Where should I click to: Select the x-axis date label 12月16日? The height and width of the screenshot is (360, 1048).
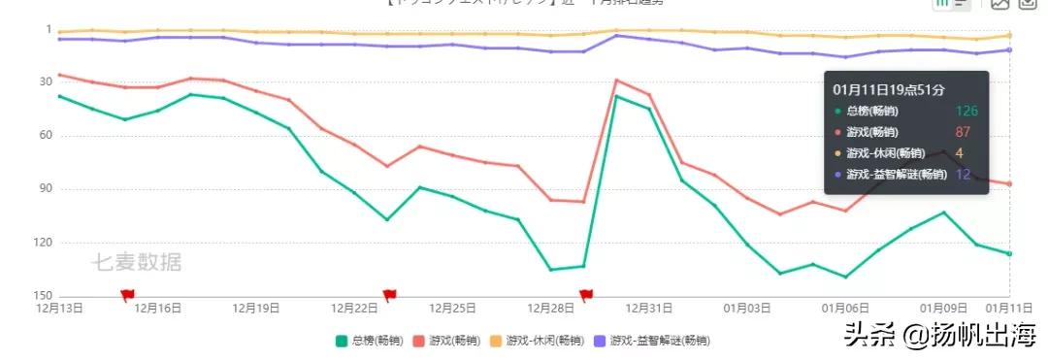pos(158,309)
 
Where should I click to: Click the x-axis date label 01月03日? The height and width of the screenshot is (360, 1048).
pos(746,309)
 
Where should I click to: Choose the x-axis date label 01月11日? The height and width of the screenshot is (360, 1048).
pos(1009,309)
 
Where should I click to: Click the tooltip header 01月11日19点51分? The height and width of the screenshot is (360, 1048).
pos(888,89)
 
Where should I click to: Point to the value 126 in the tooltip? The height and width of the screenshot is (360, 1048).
pos(966,111)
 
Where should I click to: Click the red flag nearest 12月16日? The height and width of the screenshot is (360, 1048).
pos(127,294)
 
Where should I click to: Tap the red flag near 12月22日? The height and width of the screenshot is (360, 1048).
pos(389,294)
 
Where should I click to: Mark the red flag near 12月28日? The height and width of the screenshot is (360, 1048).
pos(586,294)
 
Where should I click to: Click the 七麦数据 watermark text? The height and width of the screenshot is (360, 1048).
pos(137,262)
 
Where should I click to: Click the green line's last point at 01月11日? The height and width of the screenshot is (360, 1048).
pos(1009,254)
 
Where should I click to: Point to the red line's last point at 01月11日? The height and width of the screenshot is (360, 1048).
pos(1009,184)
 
